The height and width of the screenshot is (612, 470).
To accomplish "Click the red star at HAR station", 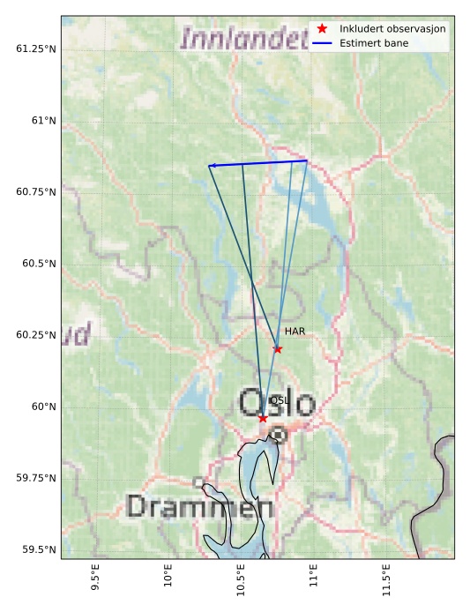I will [278, 349].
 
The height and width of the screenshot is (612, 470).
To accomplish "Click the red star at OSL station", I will [263, 418].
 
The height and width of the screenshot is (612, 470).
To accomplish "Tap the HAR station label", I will [295, 332].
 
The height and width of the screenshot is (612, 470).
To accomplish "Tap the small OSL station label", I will [279, 400].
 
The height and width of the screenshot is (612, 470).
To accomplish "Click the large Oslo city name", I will [277, 403].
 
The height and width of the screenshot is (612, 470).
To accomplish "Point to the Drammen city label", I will [199, 507].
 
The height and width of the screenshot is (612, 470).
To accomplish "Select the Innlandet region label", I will [238, 38].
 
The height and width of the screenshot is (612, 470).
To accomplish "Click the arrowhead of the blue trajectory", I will [212, 166].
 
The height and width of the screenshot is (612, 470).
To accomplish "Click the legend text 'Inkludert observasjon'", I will [392, 29].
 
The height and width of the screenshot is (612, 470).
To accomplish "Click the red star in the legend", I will [322, 29].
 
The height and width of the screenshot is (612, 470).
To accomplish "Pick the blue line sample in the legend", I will [322, 42].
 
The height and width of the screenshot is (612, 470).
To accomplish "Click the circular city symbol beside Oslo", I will [278, 435].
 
